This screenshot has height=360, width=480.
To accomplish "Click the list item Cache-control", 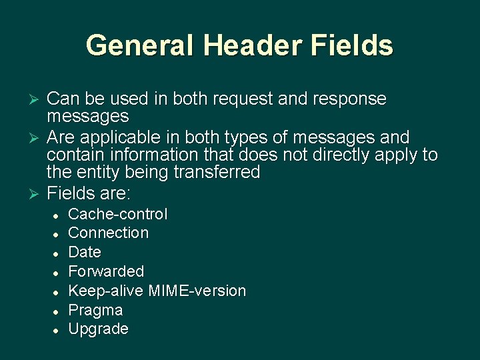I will coord(118,214).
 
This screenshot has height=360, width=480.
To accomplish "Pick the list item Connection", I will coord(109,233).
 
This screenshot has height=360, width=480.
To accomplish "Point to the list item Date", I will coord(85,252).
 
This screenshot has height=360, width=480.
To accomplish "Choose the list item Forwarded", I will coord(106,271).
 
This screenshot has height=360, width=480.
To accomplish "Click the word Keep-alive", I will coord(107,291).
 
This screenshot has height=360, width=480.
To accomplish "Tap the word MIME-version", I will coord(197,291).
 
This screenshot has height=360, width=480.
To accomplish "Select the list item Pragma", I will coord(95,310).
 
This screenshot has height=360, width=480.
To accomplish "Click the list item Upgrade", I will coord(98,329).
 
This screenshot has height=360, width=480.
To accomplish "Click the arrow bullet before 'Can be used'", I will coord(37,100).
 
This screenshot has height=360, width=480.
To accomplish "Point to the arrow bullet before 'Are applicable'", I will coord(37,138).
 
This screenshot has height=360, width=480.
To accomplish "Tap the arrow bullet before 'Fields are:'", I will coord(37,195).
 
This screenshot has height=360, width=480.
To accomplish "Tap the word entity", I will coord(99,173).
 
